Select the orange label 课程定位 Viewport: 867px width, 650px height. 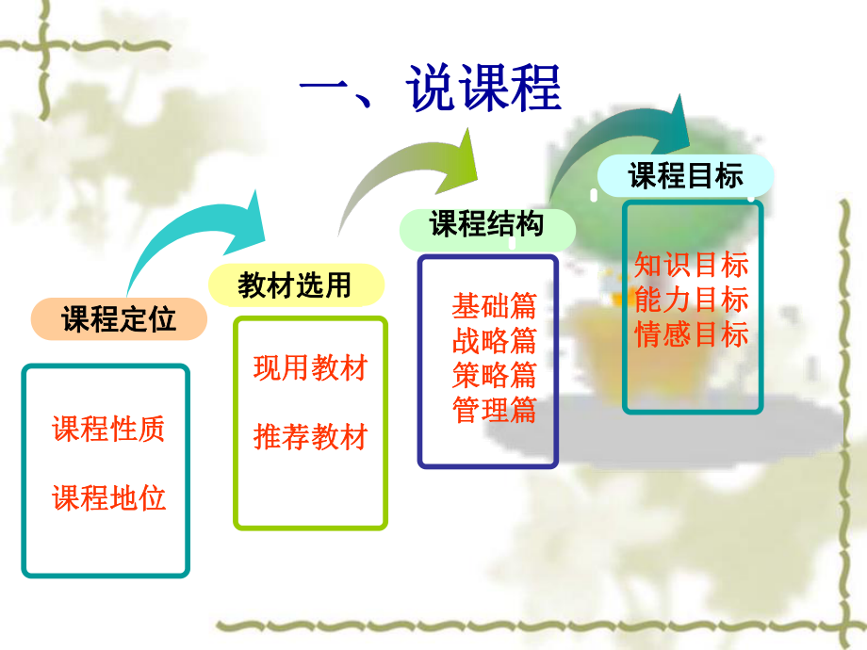pyautogui.click(x=119, y=319)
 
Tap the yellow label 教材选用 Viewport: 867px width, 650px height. pyautogui.click(x=295, y=284)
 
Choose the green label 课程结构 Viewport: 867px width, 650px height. pyautogui.click(x=486, y=226)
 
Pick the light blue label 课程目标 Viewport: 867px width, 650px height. pyautogui.click(x=686, y=176)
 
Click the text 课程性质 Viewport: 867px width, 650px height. pyautogui.click(x=108, y=429)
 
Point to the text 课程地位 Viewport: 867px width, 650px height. pyautogui.click(x=108, y=497)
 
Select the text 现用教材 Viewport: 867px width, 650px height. pyautogui.click(x=310, y=367)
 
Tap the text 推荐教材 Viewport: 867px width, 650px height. pyautogui.click(x=310, y=437)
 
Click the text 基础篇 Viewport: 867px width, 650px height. pyautogui.click(x=494, y=306)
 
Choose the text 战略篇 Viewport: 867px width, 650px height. pyautogui.click(x=494, y=340)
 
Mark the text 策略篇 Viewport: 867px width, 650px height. pyautogui.click(x=494, y=375)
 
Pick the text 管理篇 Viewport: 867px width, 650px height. pyautogui.click(x=494, y=410)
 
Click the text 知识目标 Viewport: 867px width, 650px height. pyautogui.click(x=692, y=265)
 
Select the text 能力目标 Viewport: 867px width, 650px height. pyautogui.click(x=692, y=300)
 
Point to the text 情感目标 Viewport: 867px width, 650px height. pyautogui.click(x=692, y=334)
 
